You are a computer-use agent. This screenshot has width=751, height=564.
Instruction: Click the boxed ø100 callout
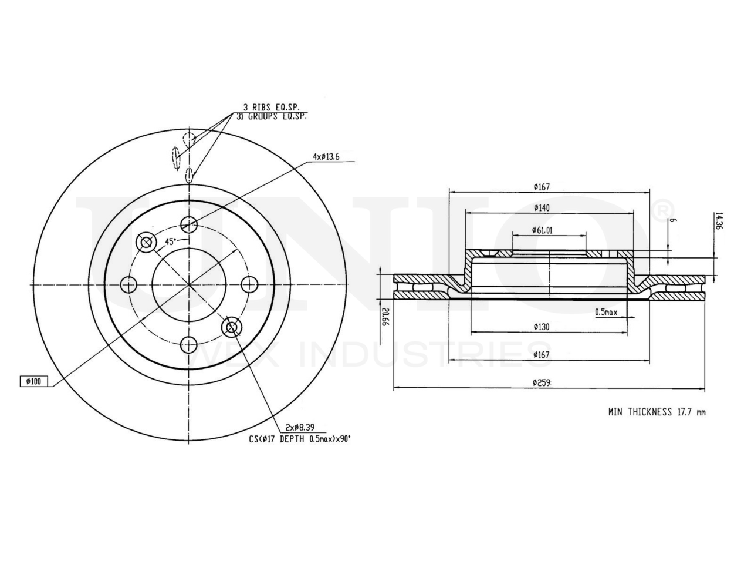coord(33,381)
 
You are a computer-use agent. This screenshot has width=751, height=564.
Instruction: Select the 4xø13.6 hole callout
coord(326,157)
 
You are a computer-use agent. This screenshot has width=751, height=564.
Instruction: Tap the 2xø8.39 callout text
coord(300,428)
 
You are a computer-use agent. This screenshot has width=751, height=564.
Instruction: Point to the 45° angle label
coord(170,242)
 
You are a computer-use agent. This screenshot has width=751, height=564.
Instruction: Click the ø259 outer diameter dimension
coord(542,383)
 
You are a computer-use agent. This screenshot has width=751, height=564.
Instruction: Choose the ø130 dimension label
coord(542,327)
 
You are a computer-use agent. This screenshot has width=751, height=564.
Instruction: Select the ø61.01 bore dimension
coord(542,230)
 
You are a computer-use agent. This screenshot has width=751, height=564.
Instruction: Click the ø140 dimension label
coord(542,207)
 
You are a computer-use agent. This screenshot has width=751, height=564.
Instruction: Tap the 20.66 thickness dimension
coord(385,317)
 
